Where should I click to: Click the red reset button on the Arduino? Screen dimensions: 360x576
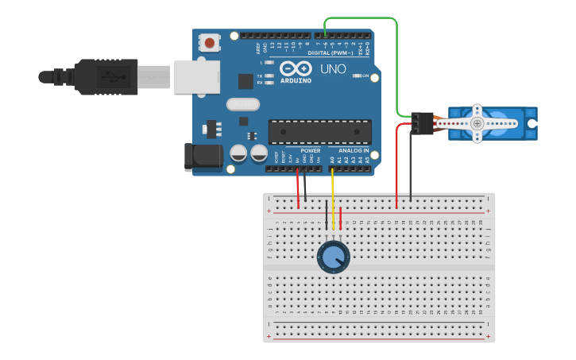click(209, 42)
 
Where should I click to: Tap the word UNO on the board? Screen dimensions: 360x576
click(333, 69)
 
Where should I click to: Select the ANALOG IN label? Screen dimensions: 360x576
click(354, 150)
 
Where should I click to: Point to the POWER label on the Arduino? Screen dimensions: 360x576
click(311, 150)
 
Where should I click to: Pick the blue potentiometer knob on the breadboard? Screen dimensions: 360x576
click(333, 257)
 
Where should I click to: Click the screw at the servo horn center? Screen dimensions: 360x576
click(477, 123)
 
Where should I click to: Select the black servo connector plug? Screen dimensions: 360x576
click(422, 123)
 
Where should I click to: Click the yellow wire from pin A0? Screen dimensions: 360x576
click(332, 195)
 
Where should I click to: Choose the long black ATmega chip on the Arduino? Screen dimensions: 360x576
click(319, 132)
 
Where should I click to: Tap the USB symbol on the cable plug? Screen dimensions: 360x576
click(109, 77)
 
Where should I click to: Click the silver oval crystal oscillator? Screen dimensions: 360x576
click(242, 104)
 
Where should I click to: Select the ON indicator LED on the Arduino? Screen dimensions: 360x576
click(358, 76)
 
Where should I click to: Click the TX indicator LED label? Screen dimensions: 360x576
click(260, 75)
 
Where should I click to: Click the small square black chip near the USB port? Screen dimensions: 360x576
click(245, 81)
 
